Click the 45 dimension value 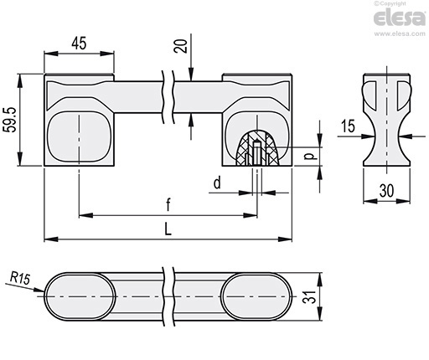(x=79, y=44)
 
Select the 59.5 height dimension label (x=10, y=120)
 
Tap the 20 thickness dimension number (x=181, y=46)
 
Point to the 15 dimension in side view (x=348, y=126)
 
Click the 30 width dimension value (x=387, y=191)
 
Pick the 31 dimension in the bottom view (x=310, y=296)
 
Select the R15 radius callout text (x=20, y=278)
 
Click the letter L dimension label (x=168, y=229)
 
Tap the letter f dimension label (x=168, y=204)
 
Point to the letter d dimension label (x=217, y=183)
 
